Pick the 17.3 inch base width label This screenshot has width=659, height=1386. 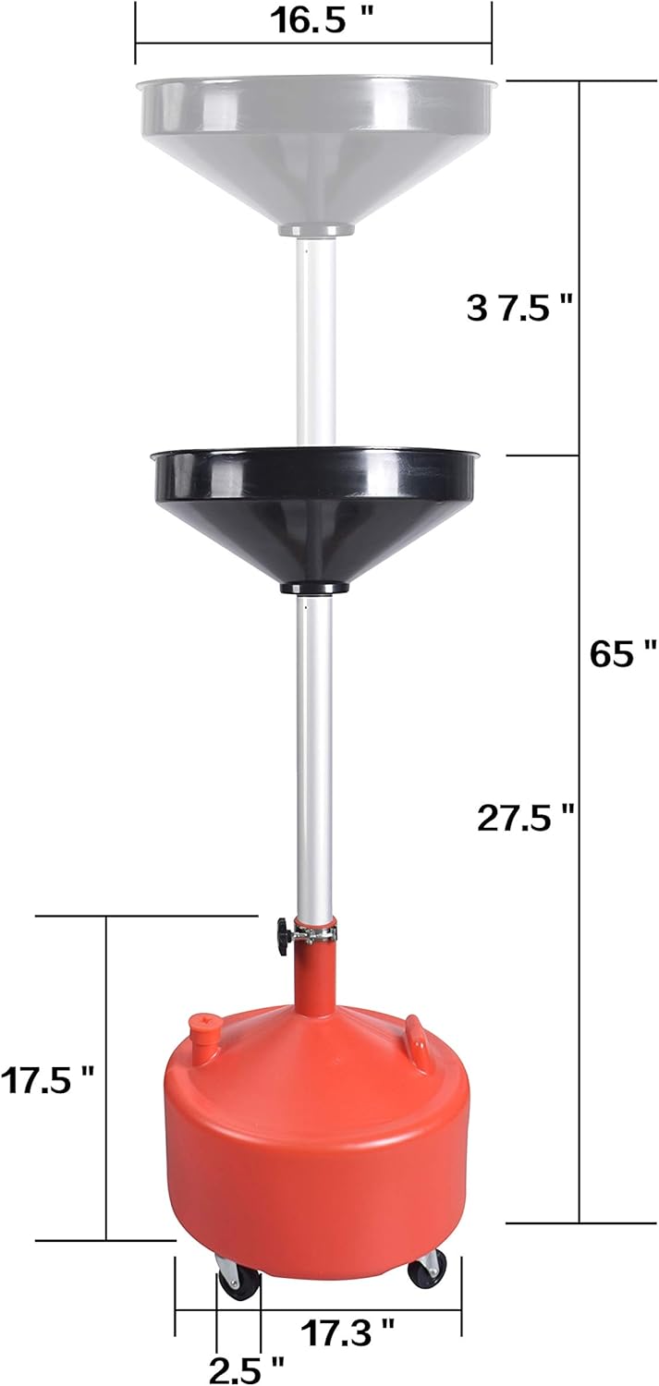click(348, 1331)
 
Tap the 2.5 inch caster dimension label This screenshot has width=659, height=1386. click(246, 1368)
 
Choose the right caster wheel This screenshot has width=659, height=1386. click(426, 1268)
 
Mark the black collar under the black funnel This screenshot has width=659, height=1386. click(314, 589)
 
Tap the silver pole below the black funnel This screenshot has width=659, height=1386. click(314, 758)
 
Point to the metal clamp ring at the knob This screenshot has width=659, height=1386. click(314, 936)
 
